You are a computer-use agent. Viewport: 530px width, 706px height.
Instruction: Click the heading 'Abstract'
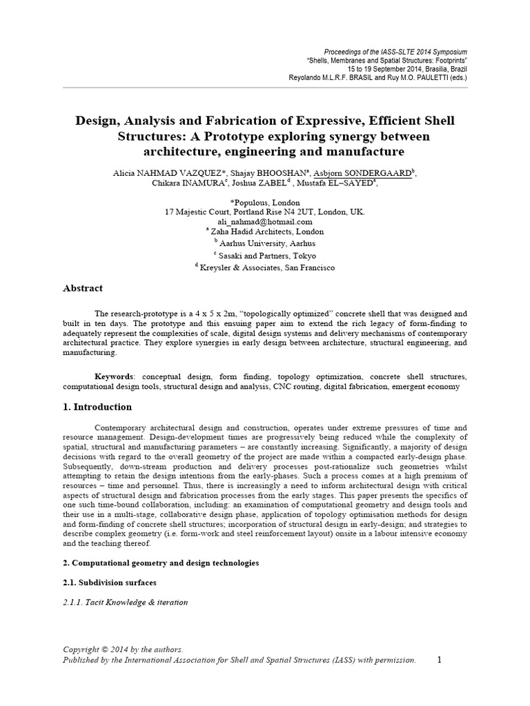(83, 288)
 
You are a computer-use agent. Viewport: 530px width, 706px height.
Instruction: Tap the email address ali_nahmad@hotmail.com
(265, 222)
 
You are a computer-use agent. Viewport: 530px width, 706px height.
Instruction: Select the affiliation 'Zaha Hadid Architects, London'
(266, 232)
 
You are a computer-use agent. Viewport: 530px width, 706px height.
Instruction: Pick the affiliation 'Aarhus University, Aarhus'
(266, 243)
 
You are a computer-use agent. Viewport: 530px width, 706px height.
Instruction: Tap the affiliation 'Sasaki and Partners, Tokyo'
(266, 255)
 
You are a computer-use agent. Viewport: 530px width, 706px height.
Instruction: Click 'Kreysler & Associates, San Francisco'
(266, 268)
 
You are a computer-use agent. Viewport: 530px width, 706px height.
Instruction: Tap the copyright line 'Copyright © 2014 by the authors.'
(123, 649)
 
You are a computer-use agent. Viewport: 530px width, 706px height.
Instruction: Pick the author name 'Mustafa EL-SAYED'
(338, 183)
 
